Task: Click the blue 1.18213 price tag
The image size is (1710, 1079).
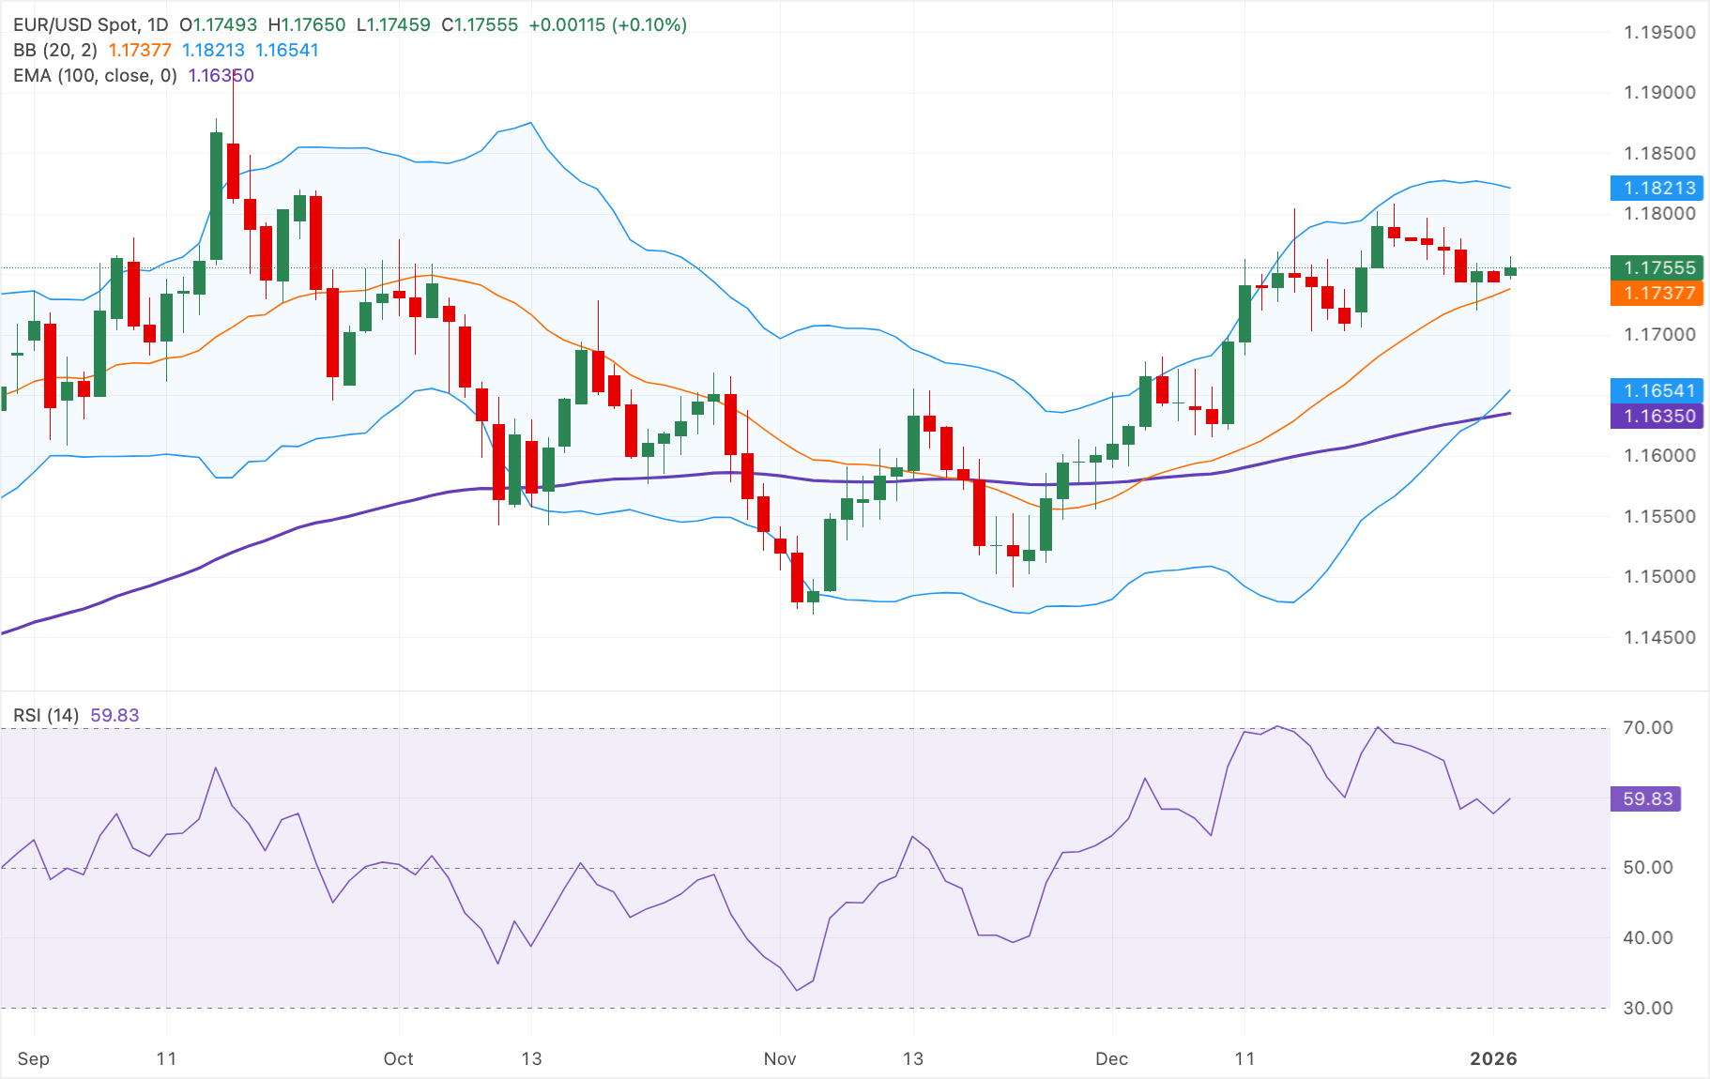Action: point(1657,188)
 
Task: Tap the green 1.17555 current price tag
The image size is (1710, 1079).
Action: point(1657,268)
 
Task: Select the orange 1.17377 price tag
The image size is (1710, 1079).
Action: point(1657,294)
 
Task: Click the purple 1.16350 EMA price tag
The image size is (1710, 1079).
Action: point(1657,417)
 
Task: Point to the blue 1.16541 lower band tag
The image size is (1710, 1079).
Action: point(1657,391)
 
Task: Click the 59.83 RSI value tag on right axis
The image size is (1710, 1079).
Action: point(1647,799)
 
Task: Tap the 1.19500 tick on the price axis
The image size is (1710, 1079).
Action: point(1659,33)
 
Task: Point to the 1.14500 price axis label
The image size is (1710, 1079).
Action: point(1659,638)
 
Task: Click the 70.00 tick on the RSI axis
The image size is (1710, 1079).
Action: point(1647,728)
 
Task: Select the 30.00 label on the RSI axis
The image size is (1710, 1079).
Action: point(1647,1009)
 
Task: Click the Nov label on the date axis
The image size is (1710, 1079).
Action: point(780,1059)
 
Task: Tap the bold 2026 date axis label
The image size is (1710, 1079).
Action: point(1493,1059)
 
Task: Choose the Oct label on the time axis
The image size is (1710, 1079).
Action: point(398,1059)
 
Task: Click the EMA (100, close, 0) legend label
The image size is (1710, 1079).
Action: point(95,76)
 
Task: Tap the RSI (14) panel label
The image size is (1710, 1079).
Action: point(46,716)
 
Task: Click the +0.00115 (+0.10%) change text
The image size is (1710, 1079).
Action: point(608,25)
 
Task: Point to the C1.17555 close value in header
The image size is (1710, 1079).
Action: point(480,25)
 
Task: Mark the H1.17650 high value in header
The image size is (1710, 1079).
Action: point(306,25)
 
